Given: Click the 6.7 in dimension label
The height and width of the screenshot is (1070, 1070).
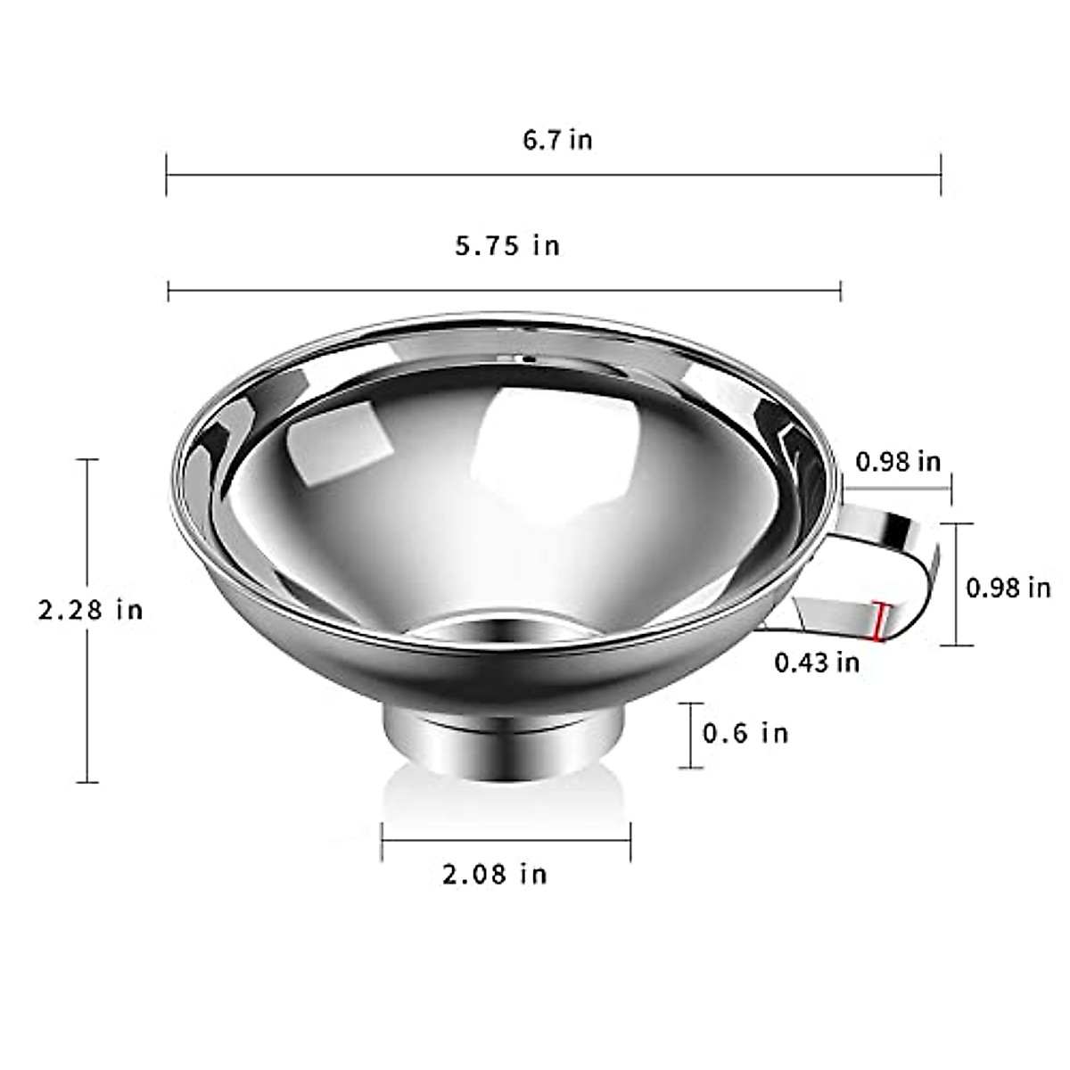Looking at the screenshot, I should point(557,140).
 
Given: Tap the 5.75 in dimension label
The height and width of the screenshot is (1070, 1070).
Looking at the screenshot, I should point(507,245).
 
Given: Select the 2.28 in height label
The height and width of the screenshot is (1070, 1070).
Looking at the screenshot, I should point(90,610).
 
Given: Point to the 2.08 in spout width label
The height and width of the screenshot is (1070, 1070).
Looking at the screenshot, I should point(494,873).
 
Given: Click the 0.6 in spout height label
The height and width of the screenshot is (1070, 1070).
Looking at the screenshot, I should point(745,733).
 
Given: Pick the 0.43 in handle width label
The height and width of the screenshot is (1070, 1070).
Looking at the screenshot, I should point(816,662).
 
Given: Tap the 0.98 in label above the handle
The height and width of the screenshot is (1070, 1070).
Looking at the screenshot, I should point(897,461).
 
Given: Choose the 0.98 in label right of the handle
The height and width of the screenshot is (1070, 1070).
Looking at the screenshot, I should point(1008,588).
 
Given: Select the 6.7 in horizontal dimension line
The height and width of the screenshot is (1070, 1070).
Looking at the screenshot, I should point(553,175).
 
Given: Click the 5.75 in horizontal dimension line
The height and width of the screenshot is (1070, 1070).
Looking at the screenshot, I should point(504,289).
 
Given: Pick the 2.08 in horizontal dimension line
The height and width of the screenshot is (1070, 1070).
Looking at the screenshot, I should point(506,840).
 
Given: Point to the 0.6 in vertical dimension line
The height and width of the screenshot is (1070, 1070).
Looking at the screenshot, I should point(690,735).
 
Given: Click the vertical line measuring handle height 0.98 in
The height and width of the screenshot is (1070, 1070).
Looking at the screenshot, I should point(958,584).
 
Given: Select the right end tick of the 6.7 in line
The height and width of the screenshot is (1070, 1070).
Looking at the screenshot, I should point(941,175).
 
